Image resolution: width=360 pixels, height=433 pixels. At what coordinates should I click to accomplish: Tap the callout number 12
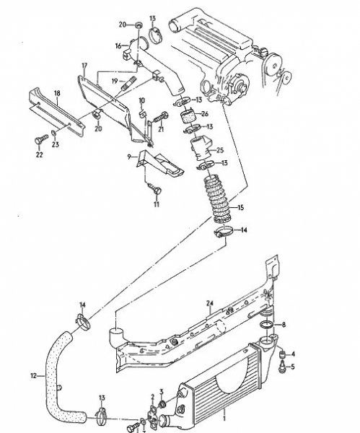click(33, 375)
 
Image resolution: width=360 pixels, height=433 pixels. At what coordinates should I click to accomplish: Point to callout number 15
click(240, 208)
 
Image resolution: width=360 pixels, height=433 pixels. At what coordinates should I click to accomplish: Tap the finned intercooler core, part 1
click(216, 378)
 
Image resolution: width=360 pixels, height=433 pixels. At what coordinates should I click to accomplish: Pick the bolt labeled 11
click(154, 188)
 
